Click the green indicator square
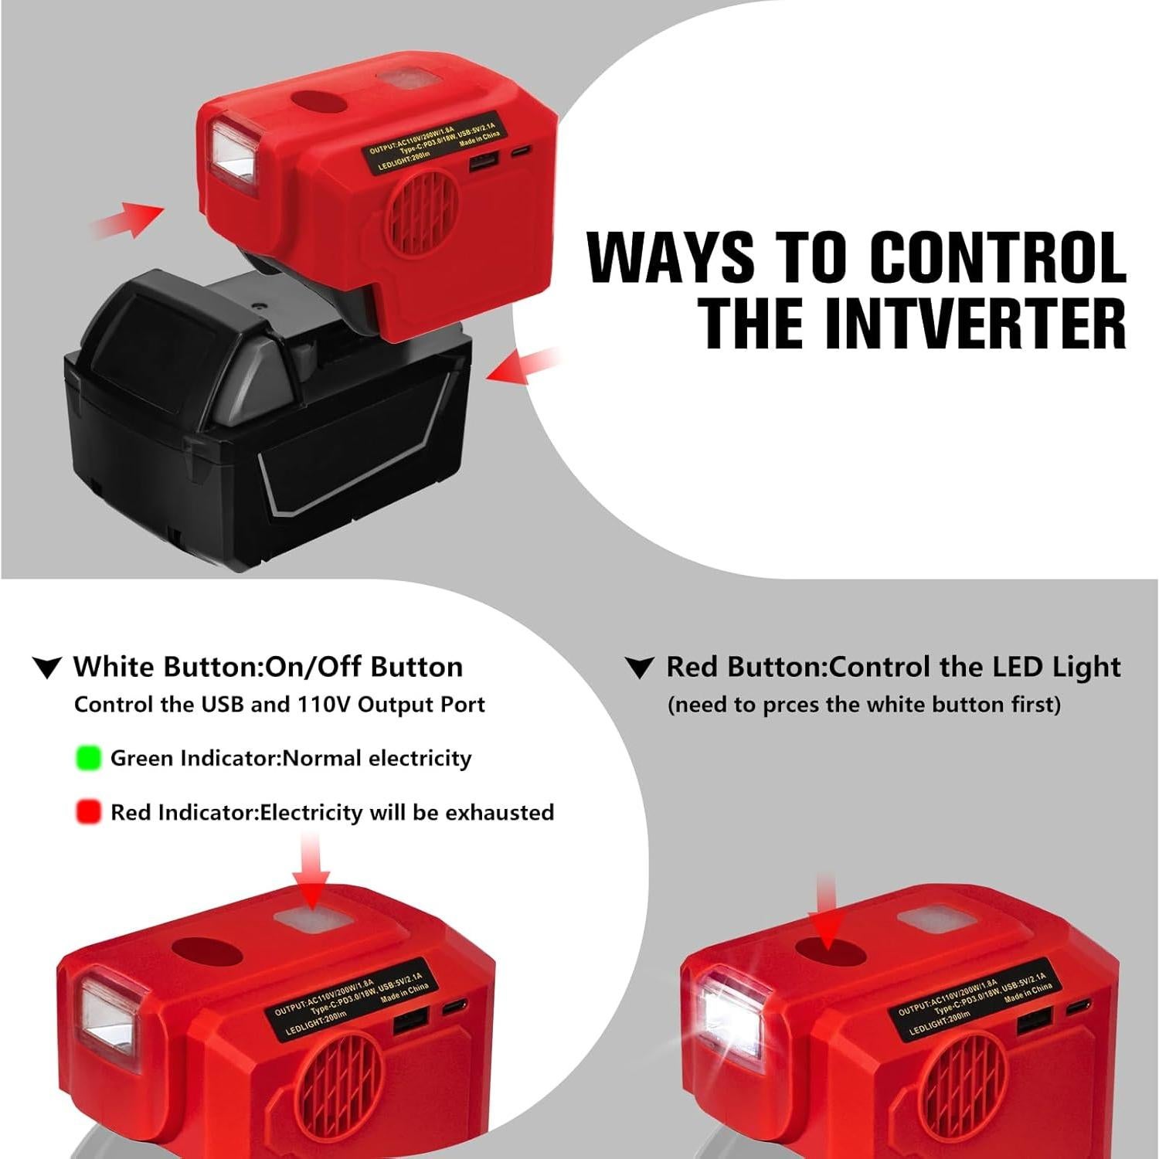89,758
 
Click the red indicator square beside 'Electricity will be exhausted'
89,812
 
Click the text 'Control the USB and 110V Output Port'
279,705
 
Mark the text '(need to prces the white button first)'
864,705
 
